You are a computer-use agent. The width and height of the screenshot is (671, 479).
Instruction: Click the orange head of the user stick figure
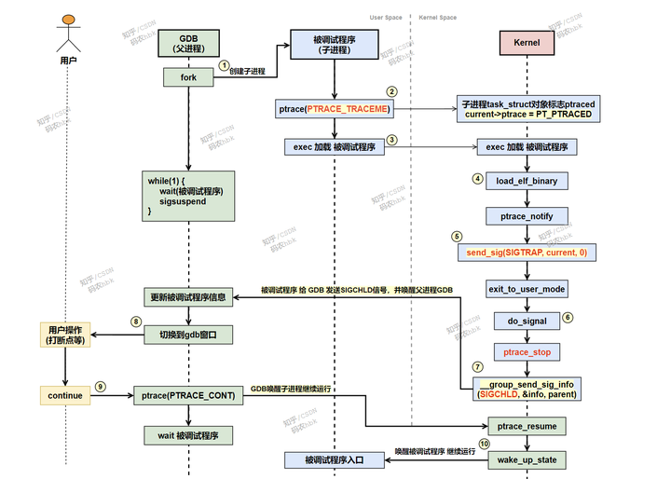point(66,20)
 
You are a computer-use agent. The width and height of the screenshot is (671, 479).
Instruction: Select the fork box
point(188,76)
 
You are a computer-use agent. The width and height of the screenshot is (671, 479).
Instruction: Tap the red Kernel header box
point(527,43)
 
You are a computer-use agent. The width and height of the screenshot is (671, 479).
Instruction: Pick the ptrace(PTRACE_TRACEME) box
point(334,109)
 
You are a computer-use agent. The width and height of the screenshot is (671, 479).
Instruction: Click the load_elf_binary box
point(527,181)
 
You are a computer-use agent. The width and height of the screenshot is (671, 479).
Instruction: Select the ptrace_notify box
point(527,216)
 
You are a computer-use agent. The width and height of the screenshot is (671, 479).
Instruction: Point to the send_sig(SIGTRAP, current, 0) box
point(527,253)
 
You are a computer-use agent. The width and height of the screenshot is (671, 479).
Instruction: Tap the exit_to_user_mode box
point(527,289)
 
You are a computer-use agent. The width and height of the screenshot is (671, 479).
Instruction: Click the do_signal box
point(527,321)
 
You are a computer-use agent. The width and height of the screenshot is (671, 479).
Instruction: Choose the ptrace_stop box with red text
point(527,352)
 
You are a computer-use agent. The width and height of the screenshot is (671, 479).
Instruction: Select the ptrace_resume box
point(527,425)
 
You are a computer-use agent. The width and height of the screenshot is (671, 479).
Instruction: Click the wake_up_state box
point(527,459)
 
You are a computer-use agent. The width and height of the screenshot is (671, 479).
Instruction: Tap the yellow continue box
point(64,395)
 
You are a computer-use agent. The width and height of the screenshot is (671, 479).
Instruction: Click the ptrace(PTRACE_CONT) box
point(188,395)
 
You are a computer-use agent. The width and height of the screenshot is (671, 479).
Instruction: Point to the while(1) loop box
point(188,195)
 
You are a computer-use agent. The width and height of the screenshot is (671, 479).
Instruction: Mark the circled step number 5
point(456,237)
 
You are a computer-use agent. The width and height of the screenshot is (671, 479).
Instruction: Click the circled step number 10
point(484,445)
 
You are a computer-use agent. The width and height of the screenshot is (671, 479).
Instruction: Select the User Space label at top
point(386,18)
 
